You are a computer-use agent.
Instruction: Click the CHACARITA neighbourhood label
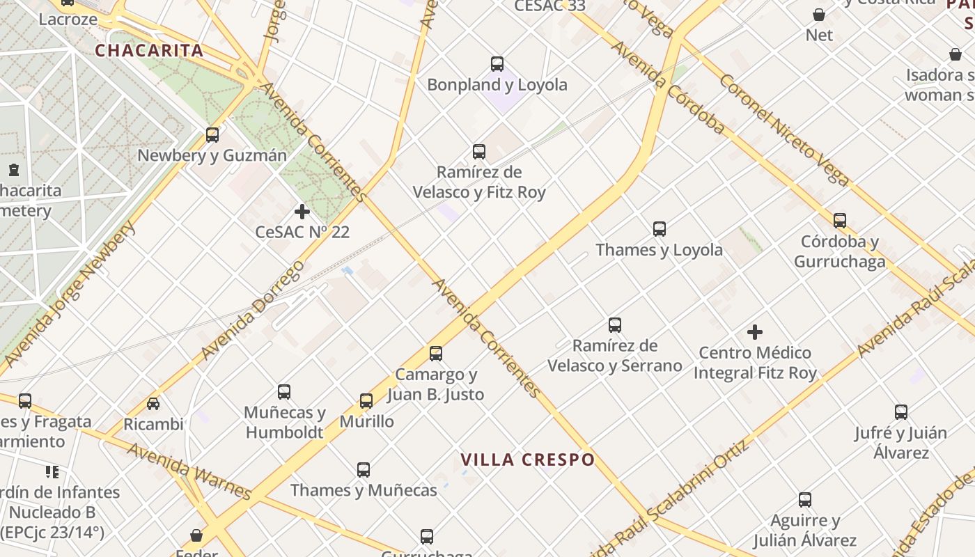tap(149, 50)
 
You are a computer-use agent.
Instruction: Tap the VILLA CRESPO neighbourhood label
tap(528, 460)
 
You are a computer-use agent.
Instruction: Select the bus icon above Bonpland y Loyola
tap(497, 64)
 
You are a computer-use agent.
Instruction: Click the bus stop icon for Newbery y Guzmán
tap(212, 134)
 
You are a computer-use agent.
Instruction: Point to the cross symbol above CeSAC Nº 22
tap(302, 211)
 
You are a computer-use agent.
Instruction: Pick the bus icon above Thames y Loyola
tap(659, 228)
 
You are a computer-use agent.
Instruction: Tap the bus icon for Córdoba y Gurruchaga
tap(840, 221)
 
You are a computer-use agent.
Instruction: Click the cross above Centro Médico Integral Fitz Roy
tap(755, 332)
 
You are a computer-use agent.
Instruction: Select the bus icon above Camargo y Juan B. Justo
tap(436, 354)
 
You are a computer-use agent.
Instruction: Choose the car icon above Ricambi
tap(153, 403)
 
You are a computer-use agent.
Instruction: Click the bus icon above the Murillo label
tap(366, 400)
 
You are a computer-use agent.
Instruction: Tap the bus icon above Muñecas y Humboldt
tap(284, 392)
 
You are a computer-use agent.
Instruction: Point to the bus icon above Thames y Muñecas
tap(364, 469)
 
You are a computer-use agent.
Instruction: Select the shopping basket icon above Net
tap(819, 14)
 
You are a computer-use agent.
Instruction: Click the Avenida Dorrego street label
tap(253, 311)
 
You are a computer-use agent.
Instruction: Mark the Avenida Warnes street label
tap(189, 471)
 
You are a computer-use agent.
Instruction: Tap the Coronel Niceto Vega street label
tap(783, 130)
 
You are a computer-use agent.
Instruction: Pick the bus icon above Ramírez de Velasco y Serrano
tap(615, 325)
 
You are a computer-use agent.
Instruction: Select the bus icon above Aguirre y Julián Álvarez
tap(805, 499)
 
